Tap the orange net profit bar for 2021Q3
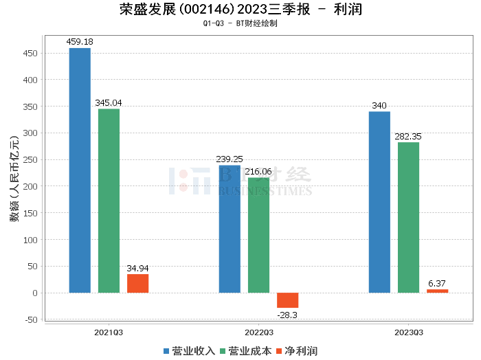[x=137, y=283]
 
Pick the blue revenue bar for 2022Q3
[x=230, y=229]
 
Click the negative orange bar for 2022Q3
[x=287, y=300]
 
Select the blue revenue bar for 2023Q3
[x=379, y=202]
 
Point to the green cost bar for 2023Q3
[x=408, y=217]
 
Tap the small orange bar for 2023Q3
[x=437, y=291]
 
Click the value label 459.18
[x=80, y=42]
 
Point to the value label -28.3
[x=287, y=315]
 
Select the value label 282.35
[x=408, y=137]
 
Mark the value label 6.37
[x=437, y=284]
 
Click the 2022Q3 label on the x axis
[x=258, y=332]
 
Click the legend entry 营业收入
[x=190, y=351]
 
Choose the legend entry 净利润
[x=296, y=351]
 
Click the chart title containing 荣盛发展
[x=240, y=10]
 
